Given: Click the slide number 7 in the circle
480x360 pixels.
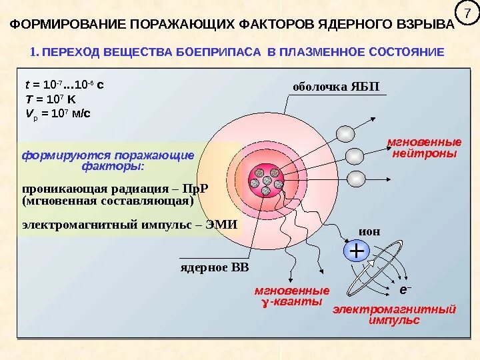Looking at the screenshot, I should [x=467, y=14].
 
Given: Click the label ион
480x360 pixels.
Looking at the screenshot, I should [x=369, y=231].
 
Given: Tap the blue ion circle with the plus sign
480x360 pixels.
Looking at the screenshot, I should [x=357, y=251].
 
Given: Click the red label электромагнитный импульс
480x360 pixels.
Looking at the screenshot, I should [x=394, y=315].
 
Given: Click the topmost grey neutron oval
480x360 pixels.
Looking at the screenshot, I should [x=345, y=134].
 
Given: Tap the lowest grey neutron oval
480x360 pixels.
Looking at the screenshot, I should [x=357, y=179].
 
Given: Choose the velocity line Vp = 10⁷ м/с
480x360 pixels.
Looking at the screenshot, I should [x=57, y=113].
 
